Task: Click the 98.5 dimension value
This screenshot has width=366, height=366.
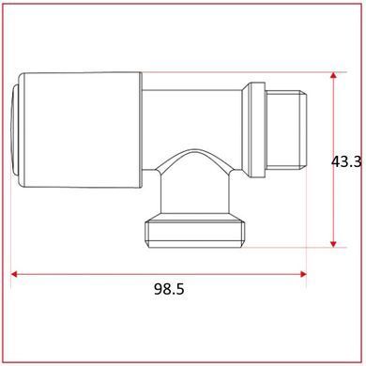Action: pyautogui.click(x=169, y=289)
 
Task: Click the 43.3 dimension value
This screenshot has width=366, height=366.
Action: pyautogui.click(x=346, y=162)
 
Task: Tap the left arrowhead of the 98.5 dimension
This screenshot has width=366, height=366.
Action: pyautogui.click(x=14, y=274)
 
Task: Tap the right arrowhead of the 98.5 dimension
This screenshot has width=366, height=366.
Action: pyautogui.click(x=303, y=274)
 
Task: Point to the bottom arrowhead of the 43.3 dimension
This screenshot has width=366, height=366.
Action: pyautogui.click(x=333, y=244)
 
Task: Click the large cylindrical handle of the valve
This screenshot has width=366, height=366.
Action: pyautogui.click(x=80, y=130)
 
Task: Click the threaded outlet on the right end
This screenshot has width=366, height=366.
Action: pyautogui.click(x=286, y=130)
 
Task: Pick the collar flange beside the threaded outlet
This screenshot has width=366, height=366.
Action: pyautogui.click(x=253, y=130)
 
